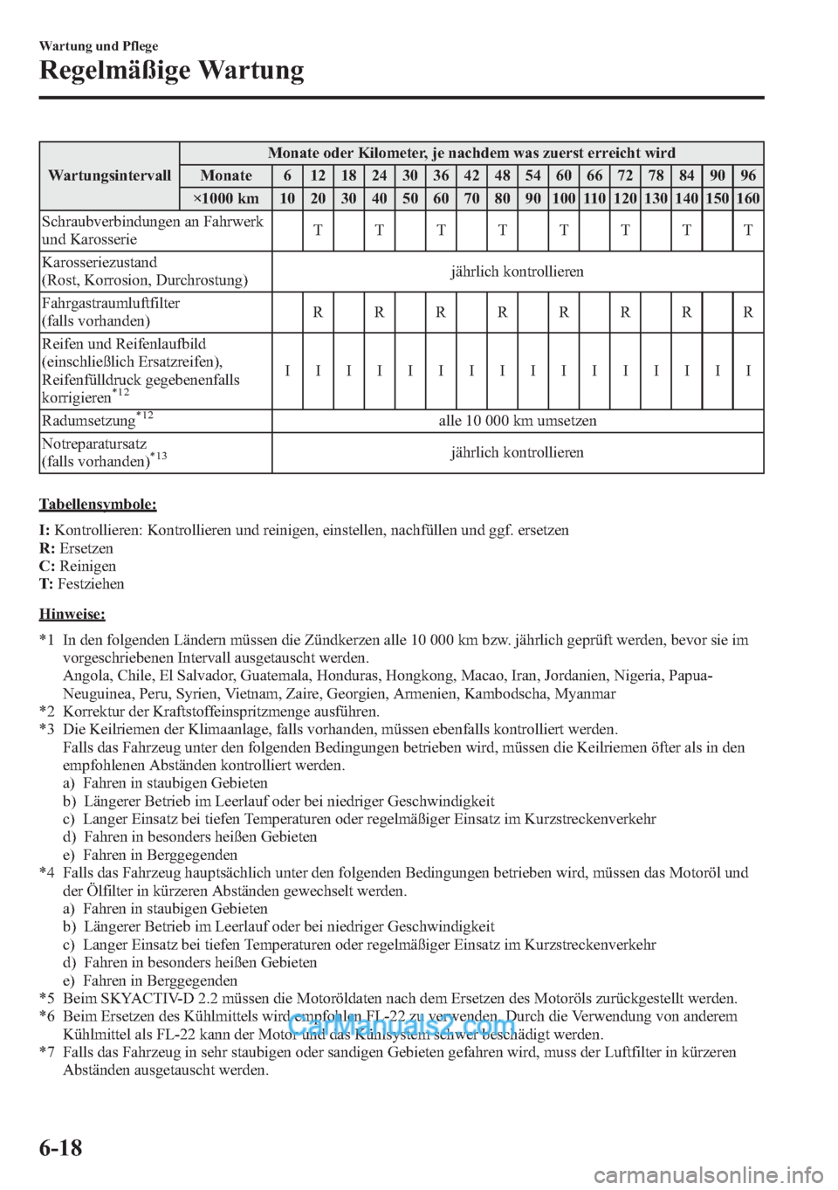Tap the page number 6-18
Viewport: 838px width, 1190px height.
[x=61, y=1146]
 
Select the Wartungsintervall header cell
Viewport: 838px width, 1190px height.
[x=109, y=175]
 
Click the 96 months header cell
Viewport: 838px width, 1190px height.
[x=748, y=175]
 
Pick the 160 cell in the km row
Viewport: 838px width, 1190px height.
[x=748, y=198]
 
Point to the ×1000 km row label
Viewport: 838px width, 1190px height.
[x=225, y=198]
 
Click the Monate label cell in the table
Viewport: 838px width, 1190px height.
[x=225, y=175]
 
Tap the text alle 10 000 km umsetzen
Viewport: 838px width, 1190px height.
[x=517, y=420]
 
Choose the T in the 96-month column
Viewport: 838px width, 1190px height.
[x=748, y=230]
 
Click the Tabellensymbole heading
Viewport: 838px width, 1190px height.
[x=98, y=505]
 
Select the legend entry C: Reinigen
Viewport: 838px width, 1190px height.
[x=78, y=566]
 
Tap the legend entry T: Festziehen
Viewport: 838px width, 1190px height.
[x=82, y=583]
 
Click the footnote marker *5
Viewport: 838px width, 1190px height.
[x=48, y=999]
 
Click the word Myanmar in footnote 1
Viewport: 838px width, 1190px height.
[x=587, y=694]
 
